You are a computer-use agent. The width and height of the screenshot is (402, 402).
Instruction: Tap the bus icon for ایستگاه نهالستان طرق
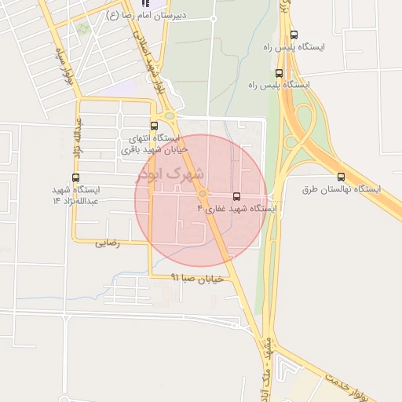pyautogui.click(x=341, y=177)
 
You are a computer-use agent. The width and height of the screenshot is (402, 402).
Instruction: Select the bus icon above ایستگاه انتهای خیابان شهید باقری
pyautogui.click(x=154, y=125)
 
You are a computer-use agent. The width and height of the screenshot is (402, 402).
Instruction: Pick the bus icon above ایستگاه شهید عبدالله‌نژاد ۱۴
pyautogui.click(x=75, y=177)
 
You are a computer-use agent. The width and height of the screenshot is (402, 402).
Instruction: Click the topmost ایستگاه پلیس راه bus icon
pyautogui.click(x=294, y=35)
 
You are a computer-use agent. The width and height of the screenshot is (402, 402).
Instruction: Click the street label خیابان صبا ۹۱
pyautogui.click(x=199, y=278)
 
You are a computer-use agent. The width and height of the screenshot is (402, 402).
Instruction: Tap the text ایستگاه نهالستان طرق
pyautogui.click(x=341, y=190)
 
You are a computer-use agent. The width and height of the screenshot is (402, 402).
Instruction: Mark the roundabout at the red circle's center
pyautogui.click(x=203, y=194)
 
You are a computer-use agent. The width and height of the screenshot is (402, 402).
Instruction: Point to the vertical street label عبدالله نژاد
pyautogui.click(x=79, y=135)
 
